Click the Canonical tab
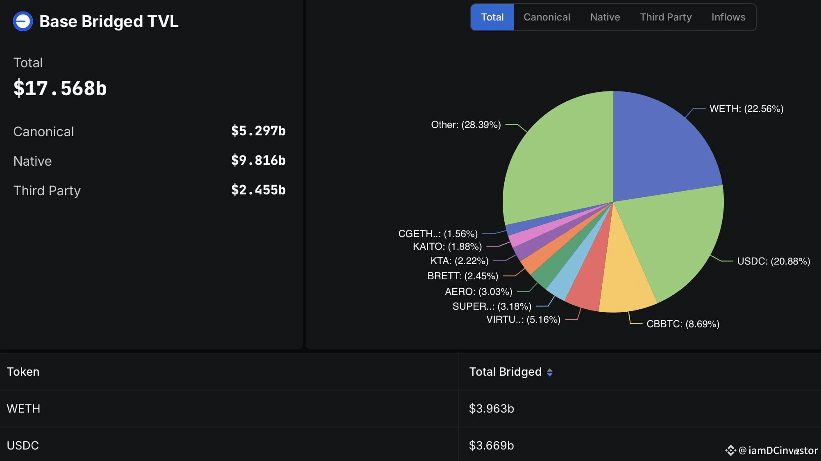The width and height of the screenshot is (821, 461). pyautogui.click(x=547, y=17)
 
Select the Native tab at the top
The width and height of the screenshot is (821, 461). pyautogui.click(x=605, y=17)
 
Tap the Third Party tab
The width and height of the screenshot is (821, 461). pyautogui.click(x=666, y=17)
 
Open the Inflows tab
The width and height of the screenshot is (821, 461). pyautogui.click(x=728, y=17)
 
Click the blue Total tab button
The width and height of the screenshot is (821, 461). pyautogui.click(x=492, y=17)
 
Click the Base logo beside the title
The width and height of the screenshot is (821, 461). pyautogui.click(x=23, y=21)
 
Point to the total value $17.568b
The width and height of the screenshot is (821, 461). pyautogui.click(x=60, y=88)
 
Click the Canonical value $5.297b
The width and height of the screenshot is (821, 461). pyautogui.click(x=258, y=131)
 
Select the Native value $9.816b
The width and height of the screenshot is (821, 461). pyautogui.click(x=258, y=160)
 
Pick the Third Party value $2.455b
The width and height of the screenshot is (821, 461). pyautogui.click(x=258, y=190)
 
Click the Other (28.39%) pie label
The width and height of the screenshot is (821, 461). pyautogui.click(x=466, y=125)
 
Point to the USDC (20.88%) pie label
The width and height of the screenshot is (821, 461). pyautogui.click(x=773, y=261)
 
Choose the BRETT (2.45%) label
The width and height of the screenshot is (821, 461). pyautogui.click(x=463, y=276)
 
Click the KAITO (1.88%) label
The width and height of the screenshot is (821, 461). pyautogui.click(x=447, y=246)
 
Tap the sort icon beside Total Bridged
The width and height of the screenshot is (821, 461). pyautogui.click(x=550, y=372)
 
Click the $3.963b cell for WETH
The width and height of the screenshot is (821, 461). pyautogui.click(x=491, y=409)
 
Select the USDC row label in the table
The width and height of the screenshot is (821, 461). pyautogui.click(x=23, y=445)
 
